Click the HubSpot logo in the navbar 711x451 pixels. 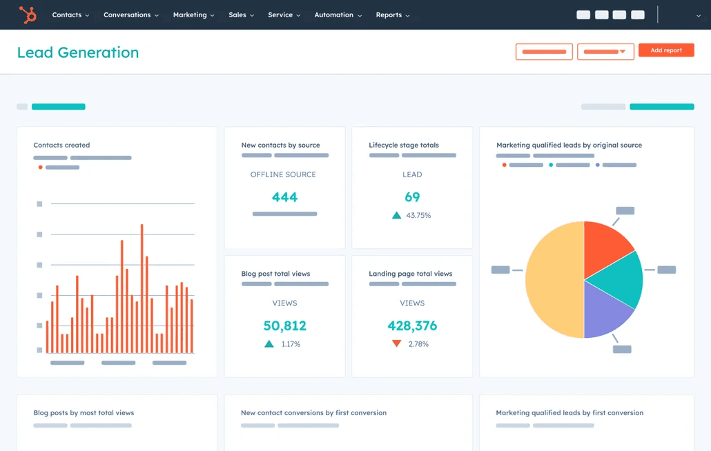(28, 14)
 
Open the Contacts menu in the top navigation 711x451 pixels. (70, 14)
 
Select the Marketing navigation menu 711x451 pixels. (193, 14)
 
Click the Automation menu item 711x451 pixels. (338, 14)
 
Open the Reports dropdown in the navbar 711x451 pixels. (392, 14)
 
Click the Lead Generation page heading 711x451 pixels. (78, 52)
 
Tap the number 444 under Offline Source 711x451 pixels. (284, 197)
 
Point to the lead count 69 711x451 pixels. (412, 197)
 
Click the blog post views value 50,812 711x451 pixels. (284, 325)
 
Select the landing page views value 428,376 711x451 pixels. (412, 325)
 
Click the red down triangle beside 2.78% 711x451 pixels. (396, 343)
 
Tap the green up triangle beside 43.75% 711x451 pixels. (396, 215)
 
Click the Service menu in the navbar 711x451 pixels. (284, 14)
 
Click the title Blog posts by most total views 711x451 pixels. (84, 413)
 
